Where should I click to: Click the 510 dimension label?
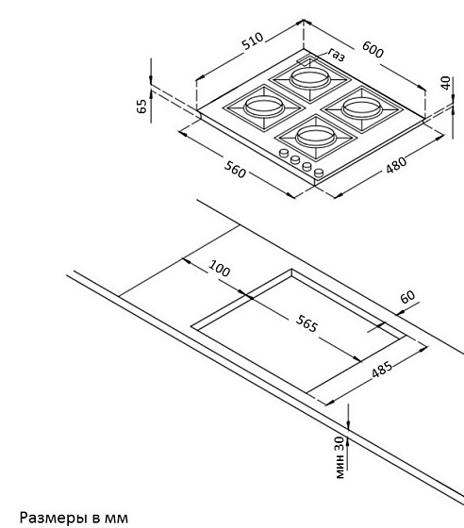(253, 41)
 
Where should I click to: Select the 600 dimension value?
(373, 49)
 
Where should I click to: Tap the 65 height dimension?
(142, 106)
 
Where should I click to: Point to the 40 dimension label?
(445, 83)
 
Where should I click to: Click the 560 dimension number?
(235, 170)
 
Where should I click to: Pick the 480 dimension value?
(396, 165)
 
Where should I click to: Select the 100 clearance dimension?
(220, 269)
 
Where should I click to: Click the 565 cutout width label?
(307, 323)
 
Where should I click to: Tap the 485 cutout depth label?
(382, 370)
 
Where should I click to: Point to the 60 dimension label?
(407, 297)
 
